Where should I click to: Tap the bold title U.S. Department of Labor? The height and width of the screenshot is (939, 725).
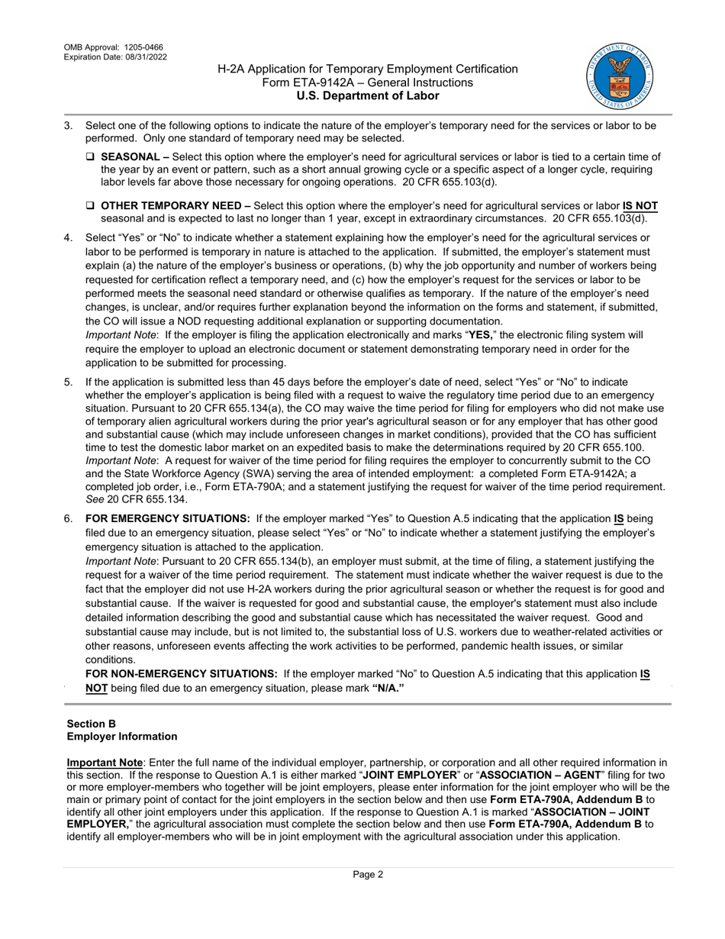[368, 95]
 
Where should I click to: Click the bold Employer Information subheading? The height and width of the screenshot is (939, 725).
[122, 736]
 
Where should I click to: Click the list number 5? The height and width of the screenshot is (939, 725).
[68, 382]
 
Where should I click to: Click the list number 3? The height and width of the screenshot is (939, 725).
[68, 125]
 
